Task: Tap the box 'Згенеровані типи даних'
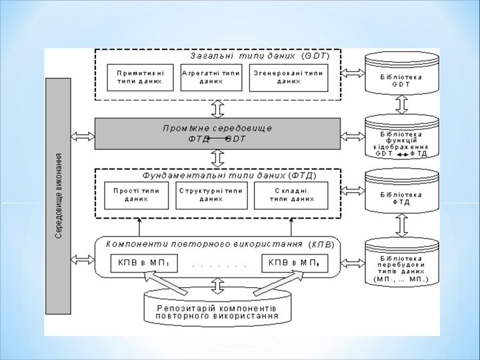[x=287, y=77]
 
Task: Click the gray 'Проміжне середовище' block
[x=217, y=134]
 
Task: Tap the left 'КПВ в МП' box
[x=143, y=263]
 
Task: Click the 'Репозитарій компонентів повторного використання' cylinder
[x=217, y=311]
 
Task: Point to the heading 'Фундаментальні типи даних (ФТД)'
[x=229, y=176]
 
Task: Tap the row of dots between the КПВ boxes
[x=219, y=265]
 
